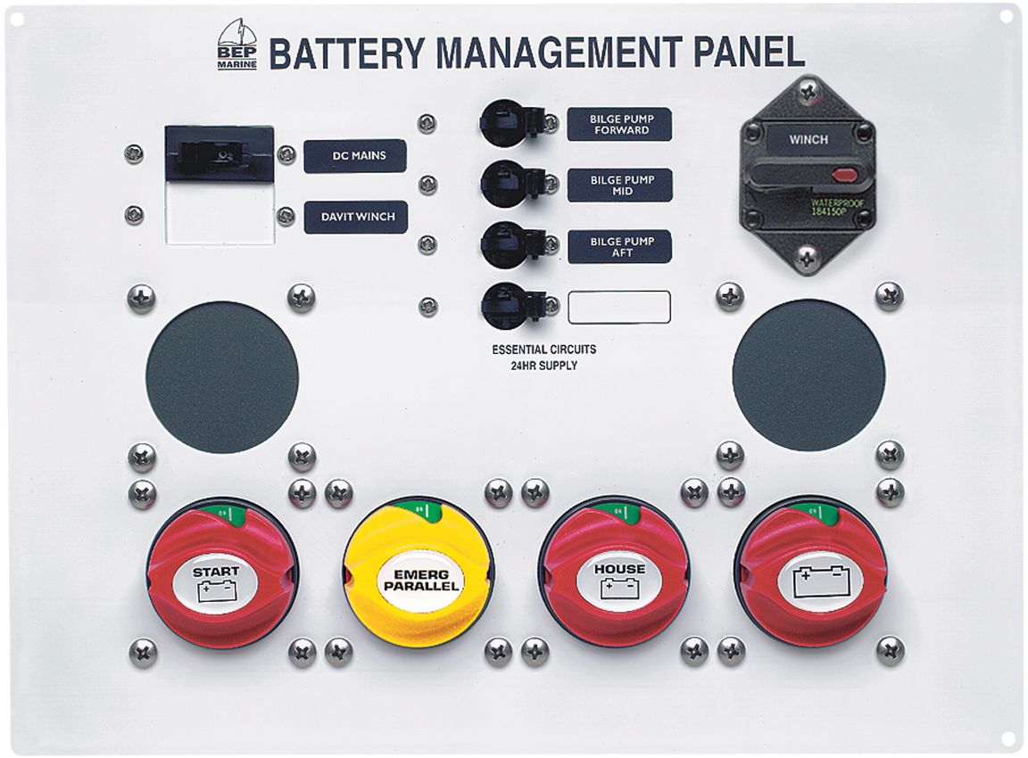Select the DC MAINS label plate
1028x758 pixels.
355,156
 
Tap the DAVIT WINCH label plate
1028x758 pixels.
355,217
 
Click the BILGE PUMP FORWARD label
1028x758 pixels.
619,124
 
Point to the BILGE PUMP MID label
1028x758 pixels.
619,185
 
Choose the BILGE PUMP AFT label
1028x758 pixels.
619,247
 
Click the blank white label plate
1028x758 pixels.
619,307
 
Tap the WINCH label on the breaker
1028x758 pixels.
808,139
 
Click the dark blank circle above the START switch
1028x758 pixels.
222,376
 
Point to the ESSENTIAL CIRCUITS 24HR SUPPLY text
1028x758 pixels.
543,358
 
